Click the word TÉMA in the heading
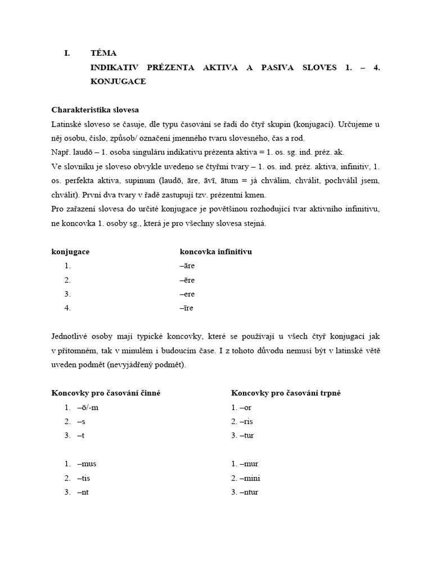tap(103, 53)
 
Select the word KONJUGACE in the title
tap(118, 81)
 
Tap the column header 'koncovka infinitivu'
tap(215, 251)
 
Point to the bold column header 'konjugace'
tap(70, 251)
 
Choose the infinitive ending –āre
tap(187, 265)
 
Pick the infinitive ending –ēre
tap(187, 280)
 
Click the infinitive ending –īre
tap(186, 308)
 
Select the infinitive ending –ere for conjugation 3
tap(187, 294)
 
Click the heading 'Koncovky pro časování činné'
tap(106, 393)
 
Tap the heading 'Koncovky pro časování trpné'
tap(286, 393)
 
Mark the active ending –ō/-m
tap(88, 407)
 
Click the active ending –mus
tap(87, 464)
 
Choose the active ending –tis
tap(84, 478)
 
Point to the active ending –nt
tap(83, 492)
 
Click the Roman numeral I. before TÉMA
tap(67, 53)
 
